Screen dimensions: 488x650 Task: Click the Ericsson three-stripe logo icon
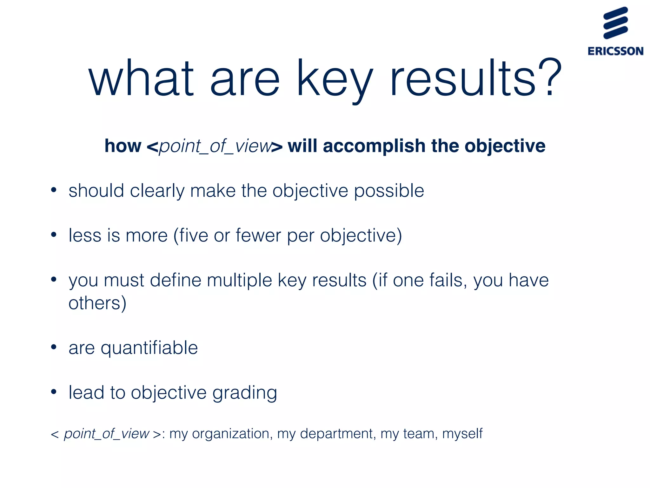click(615, 23)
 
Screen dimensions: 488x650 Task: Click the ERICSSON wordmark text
click(615, 51)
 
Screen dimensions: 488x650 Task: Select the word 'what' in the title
click(141, 78)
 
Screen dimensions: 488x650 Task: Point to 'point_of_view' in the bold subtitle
click(215, 146)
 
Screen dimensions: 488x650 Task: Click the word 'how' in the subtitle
click(123, 146)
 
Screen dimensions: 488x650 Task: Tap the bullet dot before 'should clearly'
click(54, 190)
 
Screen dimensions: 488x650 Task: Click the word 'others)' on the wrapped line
click(97, 303)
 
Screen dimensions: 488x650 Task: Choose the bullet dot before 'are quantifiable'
click(54, 347)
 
